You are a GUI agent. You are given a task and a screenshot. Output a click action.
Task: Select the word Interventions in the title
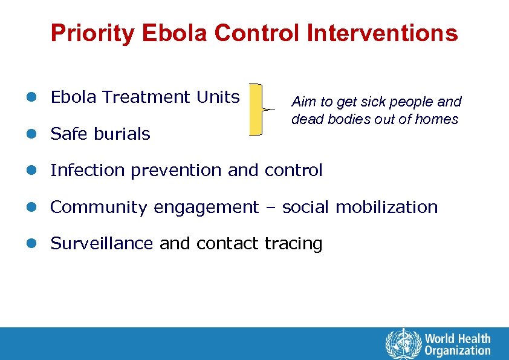tap(382, 33)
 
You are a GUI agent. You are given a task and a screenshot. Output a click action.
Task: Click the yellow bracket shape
tap(256, 110)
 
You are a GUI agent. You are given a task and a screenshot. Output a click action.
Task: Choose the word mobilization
tap(386, 207)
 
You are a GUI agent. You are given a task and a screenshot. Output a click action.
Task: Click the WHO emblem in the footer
tap(403, 344)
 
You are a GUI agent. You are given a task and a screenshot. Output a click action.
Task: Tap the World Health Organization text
tap(457, 344)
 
